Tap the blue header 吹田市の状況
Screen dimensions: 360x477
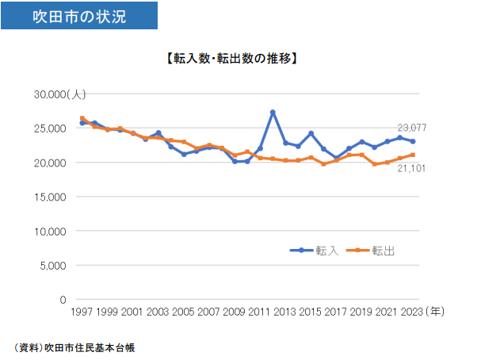point(78,16)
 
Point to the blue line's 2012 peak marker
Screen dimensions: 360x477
point(273,113)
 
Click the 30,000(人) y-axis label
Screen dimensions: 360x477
point(59,94)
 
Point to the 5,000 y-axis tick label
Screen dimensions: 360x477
point(52,266)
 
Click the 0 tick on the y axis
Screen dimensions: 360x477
point(61,300)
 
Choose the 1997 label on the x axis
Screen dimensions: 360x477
point(82,312)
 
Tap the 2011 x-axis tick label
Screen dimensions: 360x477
point(260,312)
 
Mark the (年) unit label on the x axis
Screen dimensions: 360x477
point(435,312)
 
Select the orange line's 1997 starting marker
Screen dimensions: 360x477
point(82,118)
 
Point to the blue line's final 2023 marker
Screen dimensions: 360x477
point(413,141)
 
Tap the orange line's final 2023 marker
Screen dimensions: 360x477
point(413,155)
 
